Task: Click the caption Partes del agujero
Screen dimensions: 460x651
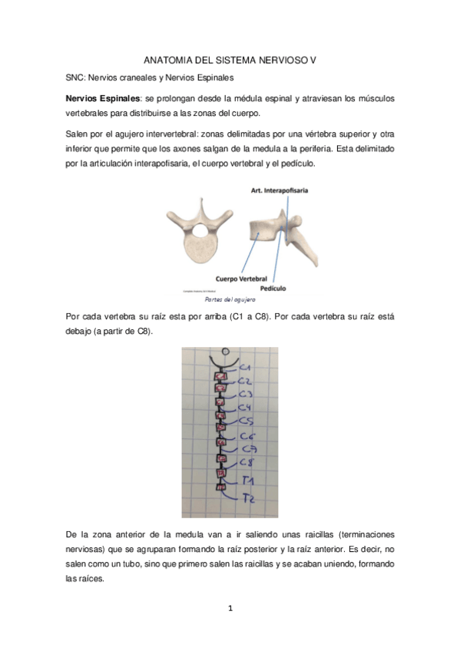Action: pyautogui.click(x=229, y=299)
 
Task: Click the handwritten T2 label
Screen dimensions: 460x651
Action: pyautogui.click(x=247, y=499)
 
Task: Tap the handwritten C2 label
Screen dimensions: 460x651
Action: pyautogui.click(x=246, y=380)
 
